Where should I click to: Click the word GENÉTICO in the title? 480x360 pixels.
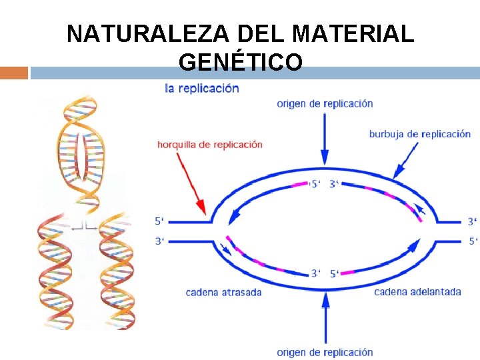pyautogui.click(x=241, y=62)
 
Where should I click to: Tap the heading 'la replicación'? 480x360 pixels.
pyautogui.click(x=202, y=89)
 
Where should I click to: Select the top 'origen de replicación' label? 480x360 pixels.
pyautogui.click(x=325, y=104)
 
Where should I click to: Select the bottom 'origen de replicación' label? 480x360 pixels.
pyautogui.click(x=325, y=352)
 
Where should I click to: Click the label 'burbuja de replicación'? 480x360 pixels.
pyautogui.click(x=420, y=134)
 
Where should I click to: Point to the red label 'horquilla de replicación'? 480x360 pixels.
pyautogui.click(x=210, y=144)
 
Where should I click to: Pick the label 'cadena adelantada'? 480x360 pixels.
pyautogui.click(x=417, y=292)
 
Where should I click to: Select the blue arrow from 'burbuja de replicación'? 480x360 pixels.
pyautogui.click(x=407, y=161)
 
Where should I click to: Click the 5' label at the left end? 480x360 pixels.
pyautogui.click(x=159, y=221)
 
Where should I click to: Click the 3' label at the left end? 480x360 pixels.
pyautogui.click(x=159, y=241)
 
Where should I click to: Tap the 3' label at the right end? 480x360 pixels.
pyautogui.click(x=472, y=221)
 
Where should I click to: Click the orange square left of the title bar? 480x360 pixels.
pyautogui.click(x=14, y=73)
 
